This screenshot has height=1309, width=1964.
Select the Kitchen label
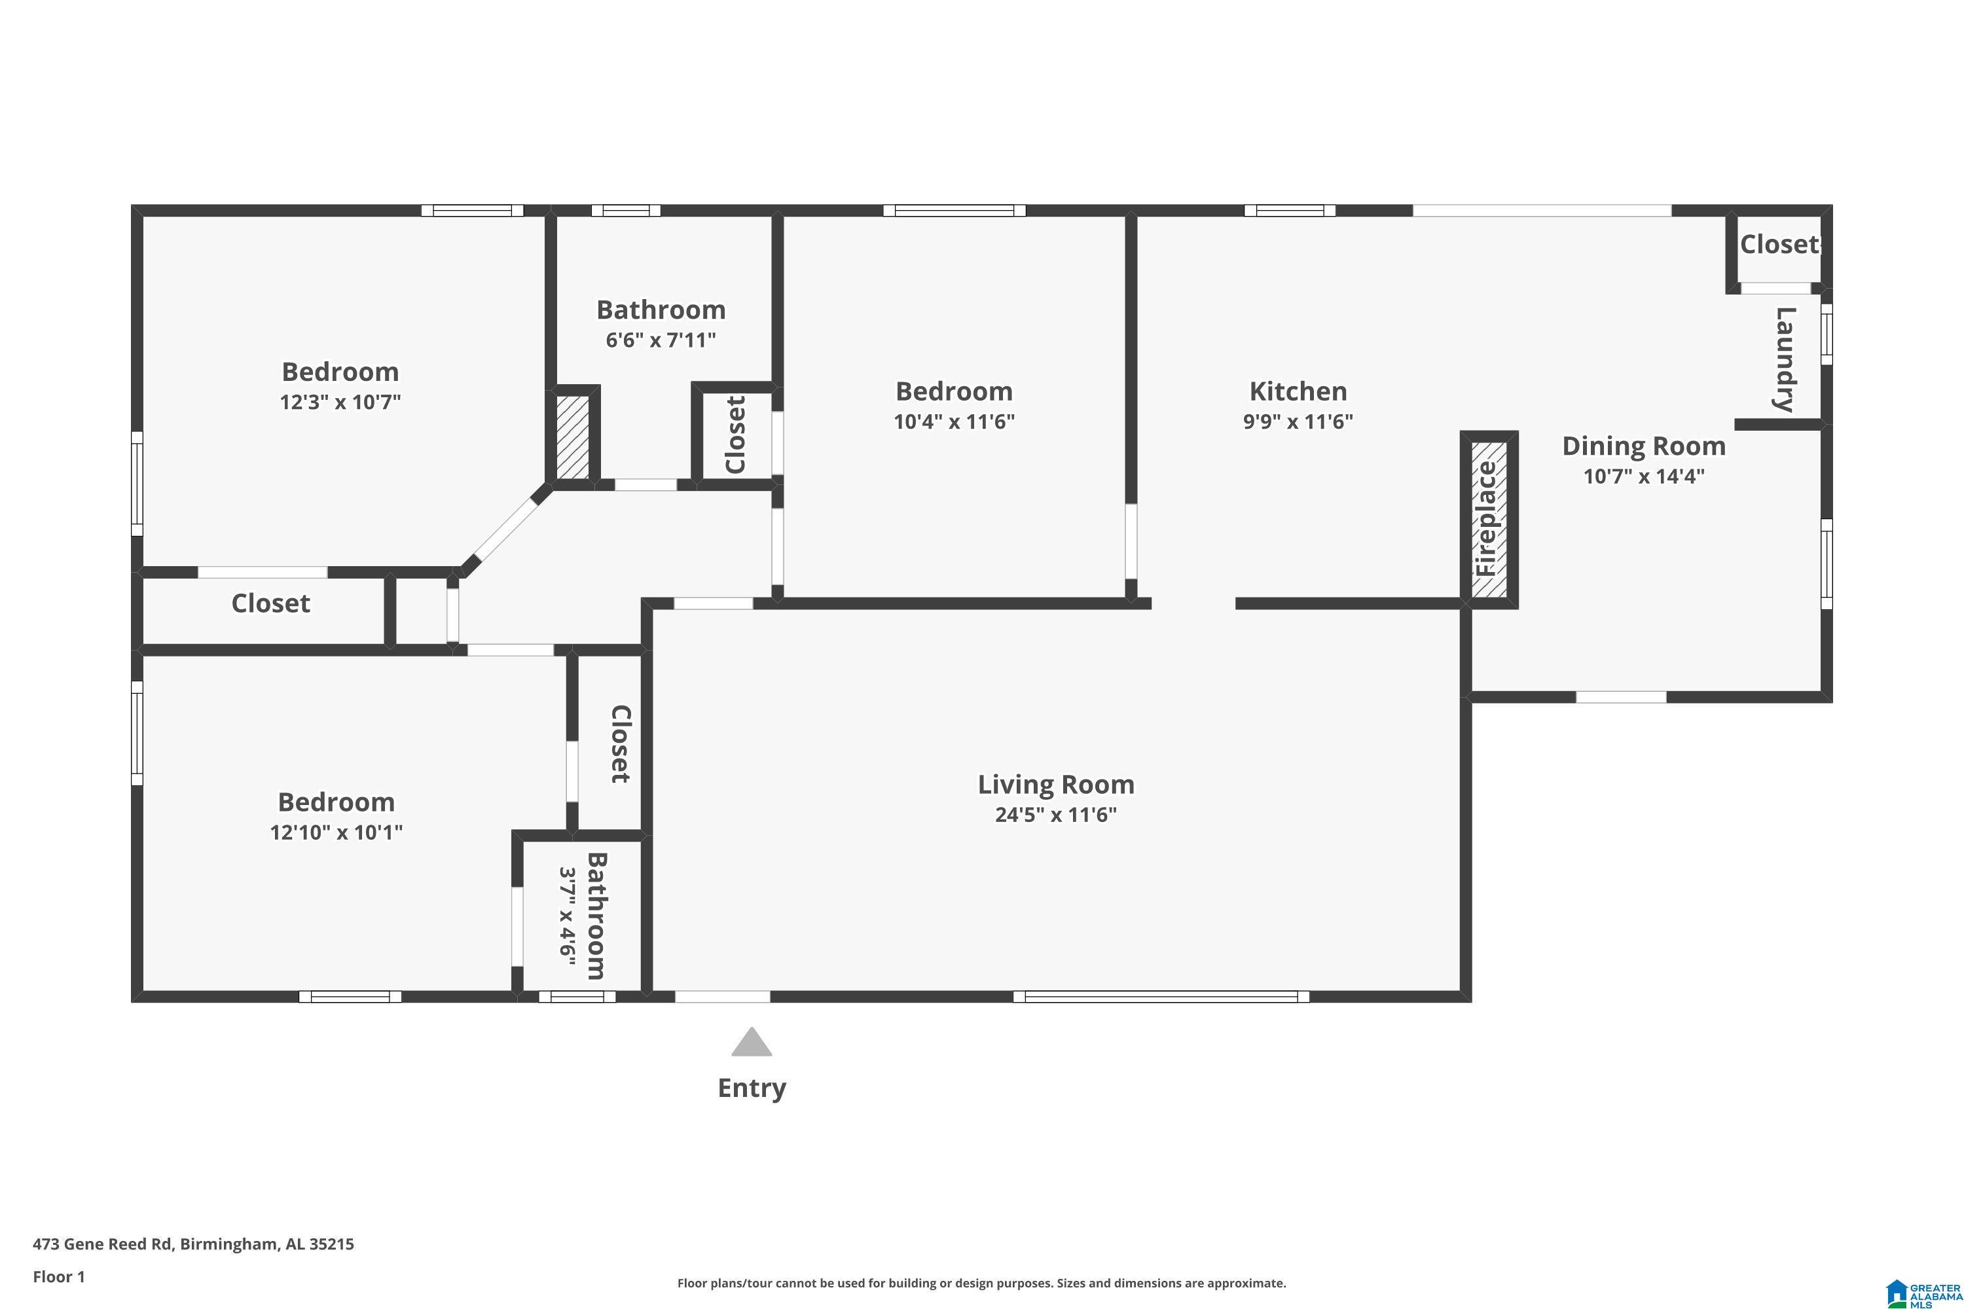click(x=1298, y=391)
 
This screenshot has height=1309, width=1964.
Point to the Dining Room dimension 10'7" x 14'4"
click(x=1643, y=476)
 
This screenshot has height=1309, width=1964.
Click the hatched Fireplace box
click(x=1489, y=519)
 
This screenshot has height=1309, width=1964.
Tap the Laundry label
click(x=1783, y=360)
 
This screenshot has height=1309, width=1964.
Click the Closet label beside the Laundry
click(x=1779, y=245)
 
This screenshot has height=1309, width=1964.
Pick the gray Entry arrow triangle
click(x=752, y=1043)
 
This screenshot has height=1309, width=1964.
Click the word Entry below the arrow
click(x=752, y=1088)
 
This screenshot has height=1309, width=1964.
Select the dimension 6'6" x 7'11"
click(x=661, y=340)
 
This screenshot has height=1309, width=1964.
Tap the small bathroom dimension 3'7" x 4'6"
click(x=568, y=916)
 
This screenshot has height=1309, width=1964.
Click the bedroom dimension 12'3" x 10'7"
click(x=340, y=403)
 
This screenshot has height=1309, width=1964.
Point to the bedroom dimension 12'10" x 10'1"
click(x=336, y=833)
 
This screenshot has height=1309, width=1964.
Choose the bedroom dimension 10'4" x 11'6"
click(x=954, y=421)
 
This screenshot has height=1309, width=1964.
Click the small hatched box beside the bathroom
click(x=573, y=437)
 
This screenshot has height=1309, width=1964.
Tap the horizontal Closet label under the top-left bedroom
click(x=270, y=603)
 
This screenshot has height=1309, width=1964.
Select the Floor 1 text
click(x=58, y=1276)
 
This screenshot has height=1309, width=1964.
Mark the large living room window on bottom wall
click(x=1161, y=996)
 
